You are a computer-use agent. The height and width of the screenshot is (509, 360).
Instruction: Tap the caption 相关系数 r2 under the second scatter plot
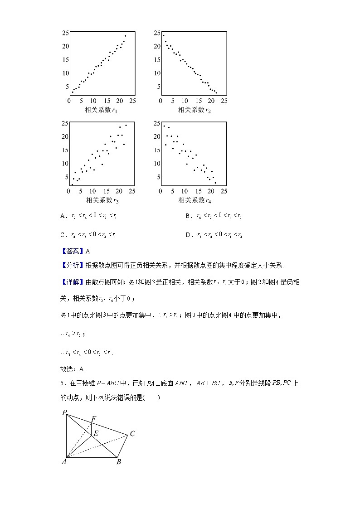click(194, 110)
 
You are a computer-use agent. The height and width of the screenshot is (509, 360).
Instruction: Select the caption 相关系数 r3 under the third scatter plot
click(102, 200)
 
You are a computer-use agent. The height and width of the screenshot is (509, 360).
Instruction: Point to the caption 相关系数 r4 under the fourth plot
click(195, 200)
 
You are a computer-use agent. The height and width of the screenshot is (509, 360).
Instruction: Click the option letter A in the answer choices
click(63, 216)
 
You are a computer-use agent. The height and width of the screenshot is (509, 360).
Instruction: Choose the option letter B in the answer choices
click(188, 216)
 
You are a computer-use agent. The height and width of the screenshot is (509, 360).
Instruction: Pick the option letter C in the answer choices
click(63, 235)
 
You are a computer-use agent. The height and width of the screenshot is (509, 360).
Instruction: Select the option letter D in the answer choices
click(188, 235)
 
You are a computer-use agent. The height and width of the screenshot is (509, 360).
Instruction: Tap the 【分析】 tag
click(72, 266)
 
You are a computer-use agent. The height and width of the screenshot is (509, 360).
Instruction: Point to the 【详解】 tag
click(72, 282)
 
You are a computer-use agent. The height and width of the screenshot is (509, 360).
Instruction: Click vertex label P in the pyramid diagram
click(64, 412)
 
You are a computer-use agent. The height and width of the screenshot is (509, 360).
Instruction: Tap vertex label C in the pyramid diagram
click(132, 434)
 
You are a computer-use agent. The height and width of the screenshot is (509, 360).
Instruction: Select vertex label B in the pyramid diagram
click(118, 462)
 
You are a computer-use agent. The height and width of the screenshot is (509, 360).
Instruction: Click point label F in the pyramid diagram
click(93, 419)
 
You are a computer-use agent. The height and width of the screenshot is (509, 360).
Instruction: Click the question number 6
click(62, 383)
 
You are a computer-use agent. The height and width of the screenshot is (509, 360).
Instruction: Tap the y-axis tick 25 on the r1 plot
click(65, 33)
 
